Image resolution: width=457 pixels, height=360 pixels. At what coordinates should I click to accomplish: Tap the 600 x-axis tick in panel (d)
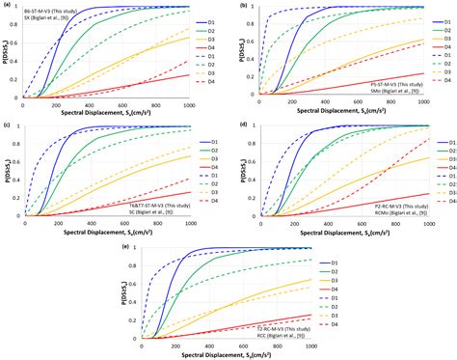[369, 226]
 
